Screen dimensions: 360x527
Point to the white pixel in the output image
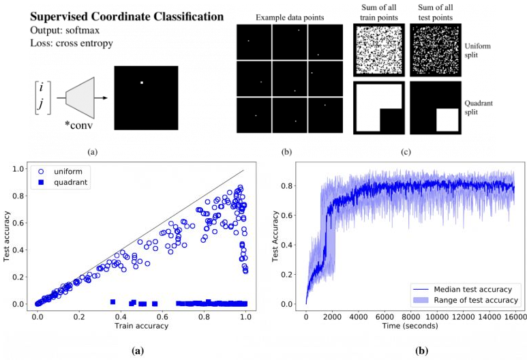click(x=141, y=83)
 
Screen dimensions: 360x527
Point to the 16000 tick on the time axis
click(x=514, y=318)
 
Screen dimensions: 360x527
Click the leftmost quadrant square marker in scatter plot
click(x=112, y=301)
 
